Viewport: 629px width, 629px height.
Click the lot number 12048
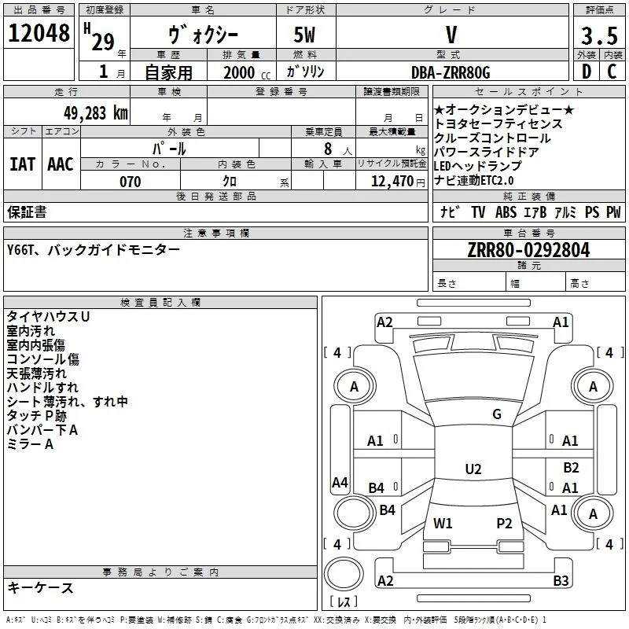(39, 32)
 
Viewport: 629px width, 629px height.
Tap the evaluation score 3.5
(599, 35)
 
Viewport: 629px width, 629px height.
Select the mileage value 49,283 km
(95, 113)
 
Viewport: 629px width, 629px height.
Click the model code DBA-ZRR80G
(451, 72)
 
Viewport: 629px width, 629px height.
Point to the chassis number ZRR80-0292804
(528, 250)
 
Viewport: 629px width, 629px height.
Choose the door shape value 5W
(304, 35)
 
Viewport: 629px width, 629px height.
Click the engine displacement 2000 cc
(247, 72)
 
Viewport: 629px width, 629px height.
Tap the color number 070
(131, 182)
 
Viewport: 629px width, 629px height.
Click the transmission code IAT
(23, 164)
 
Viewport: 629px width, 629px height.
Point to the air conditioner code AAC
(61, 164)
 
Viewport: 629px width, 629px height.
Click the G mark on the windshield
(497, 414)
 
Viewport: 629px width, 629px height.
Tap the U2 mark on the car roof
(473, 469)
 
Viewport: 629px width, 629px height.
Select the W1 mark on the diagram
(443, 523)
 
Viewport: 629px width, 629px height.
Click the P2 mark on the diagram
(504, 523)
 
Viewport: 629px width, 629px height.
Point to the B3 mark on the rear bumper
(561, 580)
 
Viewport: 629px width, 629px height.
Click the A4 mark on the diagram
(340, 482)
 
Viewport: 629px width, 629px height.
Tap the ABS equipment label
(506, 212)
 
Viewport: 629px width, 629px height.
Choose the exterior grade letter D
(587, 72)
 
